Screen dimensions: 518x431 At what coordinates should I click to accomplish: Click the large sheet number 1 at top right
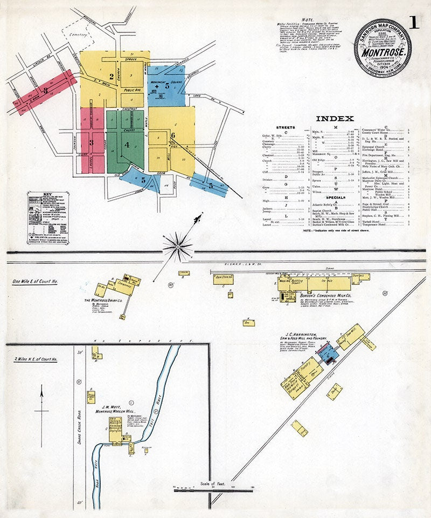click(414, 23)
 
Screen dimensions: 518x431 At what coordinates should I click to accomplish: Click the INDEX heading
click(335, 119)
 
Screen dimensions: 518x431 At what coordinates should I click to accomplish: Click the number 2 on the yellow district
click(112, 76)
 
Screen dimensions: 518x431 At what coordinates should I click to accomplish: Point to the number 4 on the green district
click(127, 145)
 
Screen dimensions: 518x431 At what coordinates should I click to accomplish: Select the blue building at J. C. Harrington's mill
click(329, 354)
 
